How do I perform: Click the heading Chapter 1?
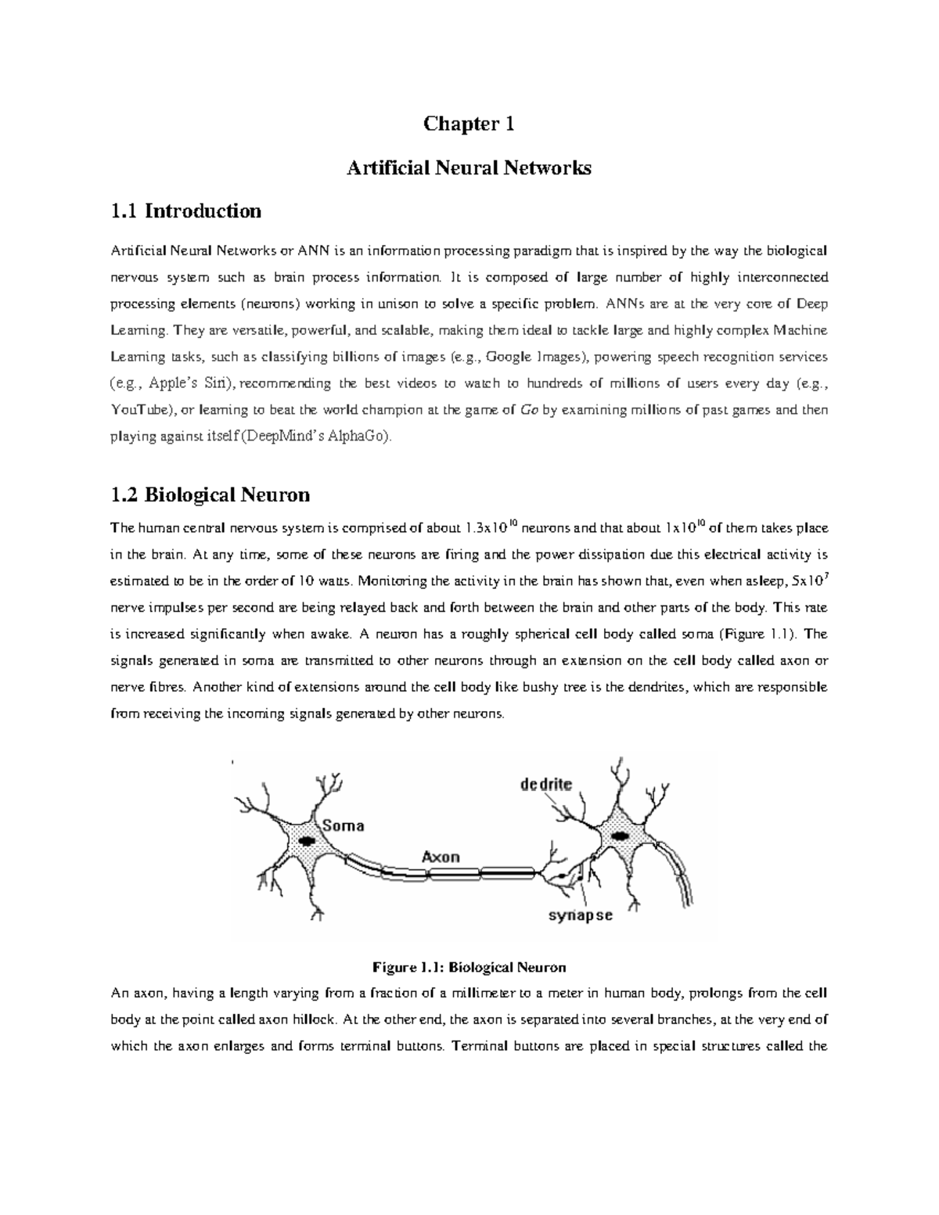[x=469, y=124]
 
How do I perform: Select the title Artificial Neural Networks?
[x=469, y=167]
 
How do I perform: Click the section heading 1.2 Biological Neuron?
[x=210, y=495]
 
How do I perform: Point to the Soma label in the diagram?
[x=344, y=825]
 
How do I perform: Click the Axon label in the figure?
[x=441, y=856]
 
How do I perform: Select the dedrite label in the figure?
[x=546, y=784]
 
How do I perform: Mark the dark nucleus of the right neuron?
[x=621, y=836]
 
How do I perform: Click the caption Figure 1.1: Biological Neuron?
[x=469, y=968]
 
